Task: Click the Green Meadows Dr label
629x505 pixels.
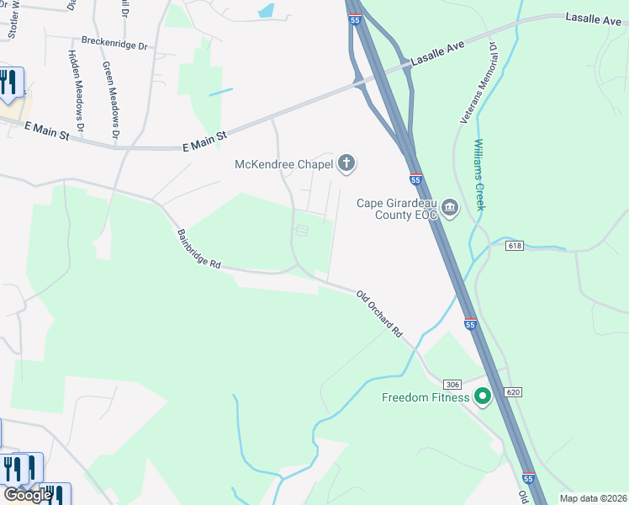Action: click(110, 99)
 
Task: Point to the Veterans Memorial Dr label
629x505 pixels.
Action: click(478, 84)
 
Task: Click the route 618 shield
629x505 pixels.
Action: click(515, 246)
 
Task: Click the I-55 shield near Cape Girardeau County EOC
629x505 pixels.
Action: click(415, 179)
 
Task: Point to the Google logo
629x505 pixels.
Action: click(28, 495)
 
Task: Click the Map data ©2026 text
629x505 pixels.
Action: click(592, 498)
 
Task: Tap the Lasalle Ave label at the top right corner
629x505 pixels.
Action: click(593, 18)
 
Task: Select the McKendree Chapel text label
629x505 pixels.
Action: click(283, 164)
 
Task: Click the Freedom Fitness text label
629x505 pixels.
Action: click(425, 397)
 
